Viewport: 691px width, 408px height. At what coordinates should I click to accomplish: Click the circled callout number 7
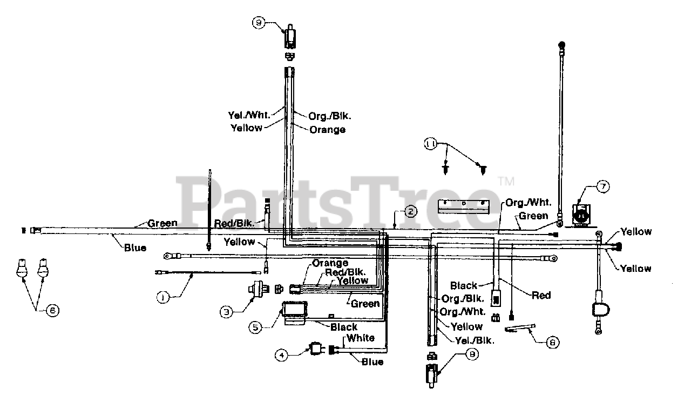[603, 187]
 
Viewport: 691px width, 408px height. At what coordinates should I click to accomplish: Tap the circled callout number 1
[161, 296]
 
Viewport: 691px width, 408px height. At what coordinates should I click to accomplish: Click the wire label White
[361, 338]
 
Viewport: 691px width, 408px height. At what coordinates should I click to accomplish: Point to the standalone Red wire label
[541, 295]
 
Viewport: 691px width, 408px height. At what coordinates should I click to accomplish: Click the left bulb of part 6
[23, 269]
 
